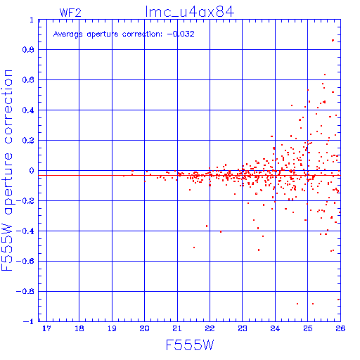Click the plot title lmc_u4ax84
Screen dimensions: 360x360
(x=190, y=12)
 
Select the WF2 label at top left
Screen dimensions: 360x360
(x=70, y=13)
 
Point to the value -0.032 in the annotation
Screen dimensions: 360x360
(x=181, y=34)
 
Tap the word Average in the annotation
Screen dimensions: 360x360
(x=67, y=34)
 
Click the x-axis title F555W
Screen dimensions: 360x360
(x=190, y=345)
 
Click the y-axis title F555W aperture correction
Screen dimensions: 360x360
(x=7, y=170)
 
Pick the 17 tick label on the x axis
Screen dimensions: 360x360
(x=46, y=328)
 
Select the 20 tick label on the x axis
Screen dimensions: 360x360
(x=144, y=328)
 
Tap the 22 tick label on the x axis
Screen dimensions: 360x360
(x=210, y=328)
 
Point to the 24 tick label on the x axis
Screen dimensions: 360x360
(x=275, y=328)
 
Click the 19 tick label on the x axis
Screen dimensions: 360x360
(x=112, y=328)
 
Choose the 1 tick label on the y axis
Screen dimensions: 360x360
(x=32, y=20)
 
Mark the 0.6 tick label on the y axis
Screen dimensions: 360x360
(x=28, y=80)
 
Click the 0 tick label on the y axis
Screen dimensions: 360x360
(x=32, y=171)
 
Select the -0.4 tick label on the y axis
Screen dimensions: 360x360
(x=25, y=231)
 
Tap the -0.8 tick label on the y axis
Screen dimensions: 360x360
(x=25, y=291)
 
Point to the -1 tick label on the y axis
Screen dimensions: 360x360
(x=28, y=321)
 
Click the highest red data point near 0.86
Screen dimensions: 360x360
(x=333, y=40)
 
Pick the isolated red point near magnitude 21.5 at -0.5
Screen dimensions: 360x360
(x=194, y=247)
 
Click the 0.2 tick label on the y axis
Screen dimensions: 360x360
(x=28, y=141)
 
